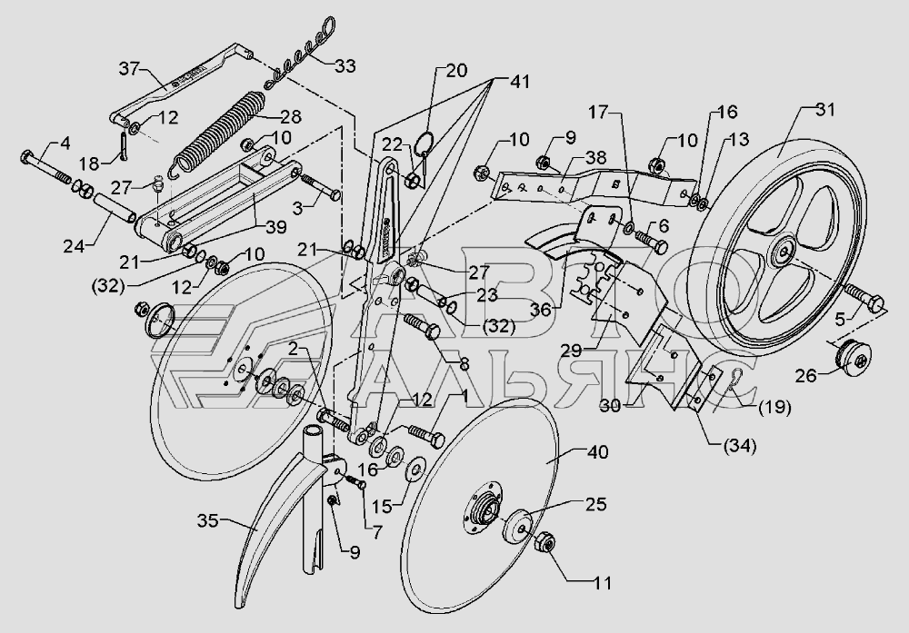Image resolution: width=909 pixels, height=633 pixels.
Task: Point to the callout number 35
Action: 207,520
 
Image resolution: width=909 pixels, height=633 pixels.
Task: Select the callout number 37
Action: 130,69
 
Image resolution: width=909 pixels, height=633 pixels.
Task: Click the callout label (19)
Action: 774,407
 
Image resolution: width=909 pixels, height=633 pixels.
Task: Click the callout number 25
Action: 596,504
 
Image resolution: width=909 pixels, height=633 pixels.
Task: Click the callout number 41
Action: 519,82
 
